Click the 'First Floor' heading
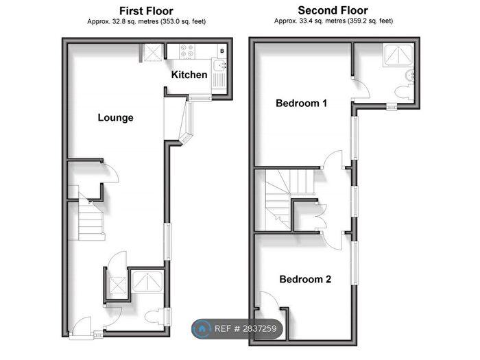point(146,11)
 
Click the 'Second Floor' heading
point(333,10)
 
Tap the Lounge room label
point(115,117)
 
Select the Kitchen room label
point(189,74)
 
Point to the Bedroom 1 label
point(301,104)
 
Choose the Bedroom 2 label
point(305,279)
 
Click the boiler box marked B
point(221,51)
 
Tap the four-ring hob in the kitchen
point(188,52)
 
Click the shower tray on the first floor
point(147,281)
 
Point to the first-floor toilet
point(154,316)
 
